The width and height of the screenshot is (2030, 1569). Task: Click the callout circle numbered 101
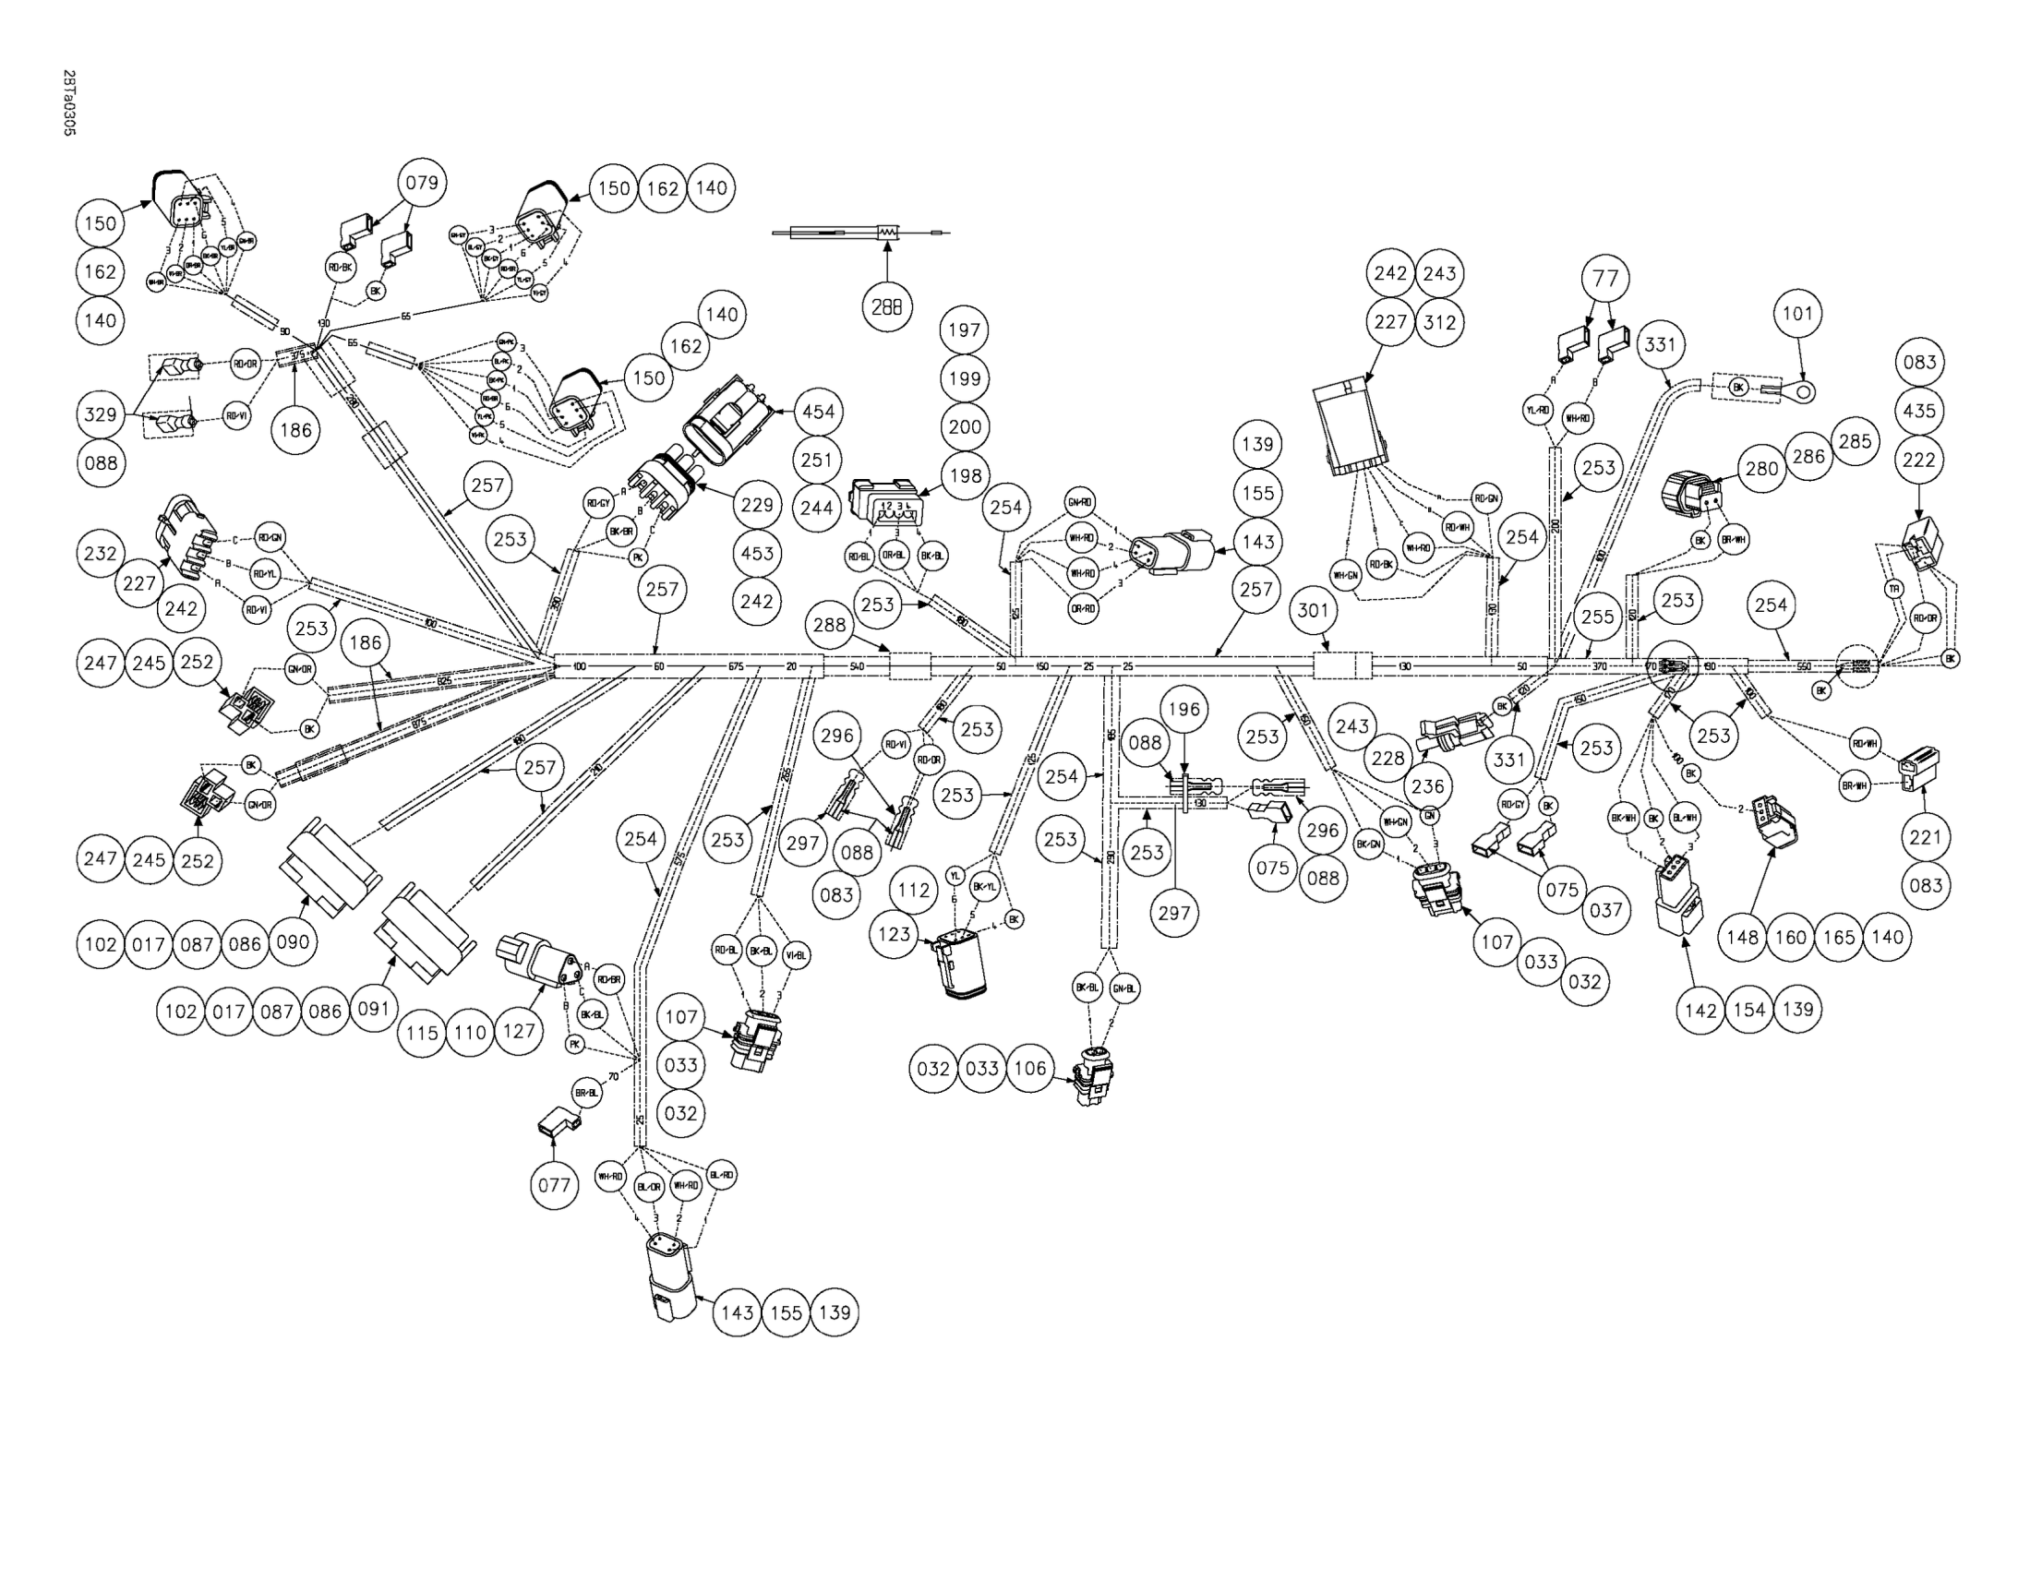1796,314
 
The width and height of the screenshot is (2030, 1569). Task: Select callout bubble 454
818,412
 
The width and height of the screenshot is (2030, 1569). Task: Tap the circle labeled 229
757,505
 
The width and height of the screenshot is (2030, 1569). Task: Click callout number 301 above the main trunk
1313,611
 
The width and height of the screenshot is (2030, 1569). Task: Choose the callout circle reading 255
1597,617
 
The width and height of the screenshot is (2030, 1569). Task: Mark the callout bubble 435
1919,411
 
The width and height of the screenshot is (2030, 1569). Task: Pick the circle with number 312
1439,322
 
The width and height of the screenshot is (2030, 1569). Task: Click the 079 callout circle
421,183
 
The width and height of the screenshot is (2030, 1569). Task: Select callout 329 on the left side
101,414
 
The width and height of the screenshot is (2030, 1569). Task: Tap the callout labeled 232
100,554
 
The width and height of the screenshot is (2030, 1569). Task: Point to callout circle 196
1183,710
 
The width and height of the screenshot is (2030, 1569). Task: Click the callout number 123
895,933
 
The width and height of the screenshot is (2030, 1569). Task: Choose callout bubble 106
1030,1069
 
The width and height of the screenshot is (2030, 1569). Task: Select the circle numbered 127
519,1031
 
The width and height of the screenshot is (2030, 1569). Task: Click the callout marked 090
292,942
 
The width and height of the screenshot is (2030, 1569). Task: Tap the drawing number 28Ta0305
68,102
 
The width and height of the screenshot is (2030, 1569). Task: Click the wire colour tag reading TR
1892,589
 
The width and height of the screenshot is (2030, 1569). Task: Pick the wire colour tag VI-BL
797,955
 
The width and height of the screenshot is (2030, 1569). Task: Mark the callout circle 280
1761,469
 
